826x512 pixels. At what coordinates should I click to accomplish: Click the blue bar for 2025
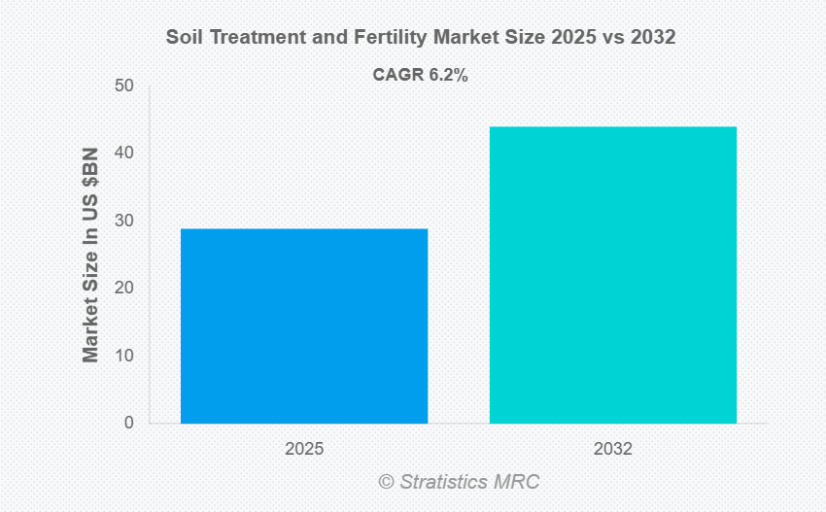pyautogui.click(x=304, y=325)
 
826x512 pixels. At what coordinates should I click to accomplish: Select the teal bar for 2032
pyautogui.click(x=612, y=275)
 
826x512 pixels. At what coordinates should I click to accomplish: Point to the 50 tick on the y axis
pyautogui.click(x=123, y=85)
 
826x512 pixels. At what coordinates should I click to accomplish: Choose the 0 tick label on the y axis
pyautogui.click(x=128, y=424)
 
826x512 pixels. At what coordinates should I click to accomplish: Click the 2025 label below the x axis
pyautogui.click(x=304, y=450)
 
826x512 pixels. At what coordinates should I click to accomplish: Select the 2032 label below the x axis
pyautogui.click(x=612, y=450)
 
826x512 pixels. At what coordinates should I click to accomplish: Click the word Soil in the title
pyautogui.click(x=184, y=38)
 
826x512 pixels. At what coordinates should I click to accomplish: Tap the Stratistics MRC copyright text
pyautogui.click(x=459, y=482)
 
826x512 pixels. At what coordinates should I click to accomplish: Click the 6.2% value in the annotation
pyautogui.click(x=448, y=75)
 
